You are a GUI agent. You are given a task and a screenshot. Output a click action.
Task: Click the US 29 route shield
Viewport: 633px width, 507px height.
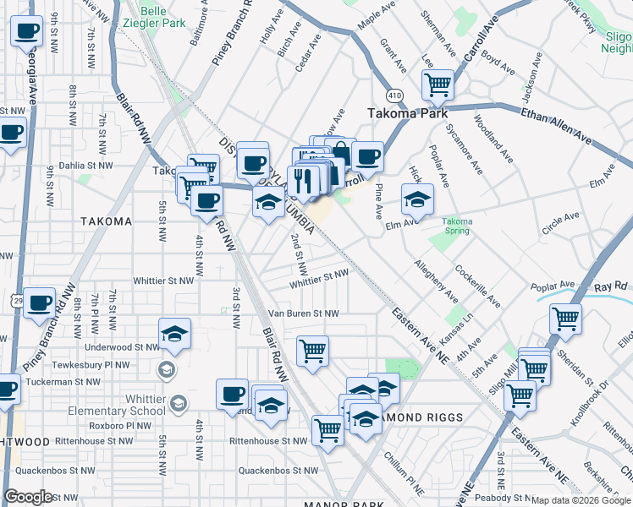click(x=18, y=300)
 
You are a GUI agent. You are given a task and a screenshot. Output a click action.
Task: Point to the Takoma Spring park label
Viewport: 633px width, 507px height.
click(x=458, y=226)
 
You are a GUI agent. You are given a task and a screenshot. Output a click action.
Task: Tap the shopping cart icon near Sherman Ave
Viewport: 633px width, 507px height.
click(x=438, y=84)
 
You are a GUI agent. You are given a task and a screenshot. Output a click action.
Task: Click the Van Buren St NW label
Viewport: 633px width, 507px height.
click(x=302, y=313)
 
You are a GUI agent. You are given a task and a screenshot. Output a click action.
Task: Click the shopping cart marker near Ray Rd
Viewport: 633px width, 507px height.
click(x=565, y=318)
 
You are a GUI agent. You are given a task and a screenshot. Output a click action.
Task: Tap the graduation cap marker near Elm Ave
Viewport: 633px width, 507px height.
click(x=417, y=199)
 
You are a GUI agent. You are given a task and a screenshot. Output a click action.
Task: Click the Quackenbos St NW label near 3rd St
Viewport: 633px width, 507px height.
click(x=278, y=470)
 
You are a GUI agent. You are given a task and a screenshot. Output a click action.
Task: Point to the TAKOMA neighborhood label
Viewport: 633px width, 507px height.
click(x=106, y=221)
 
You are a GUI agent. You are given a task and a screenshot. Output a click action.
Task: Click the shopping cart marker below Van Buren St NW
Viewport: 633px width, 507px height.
click(x=312, y=350)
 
